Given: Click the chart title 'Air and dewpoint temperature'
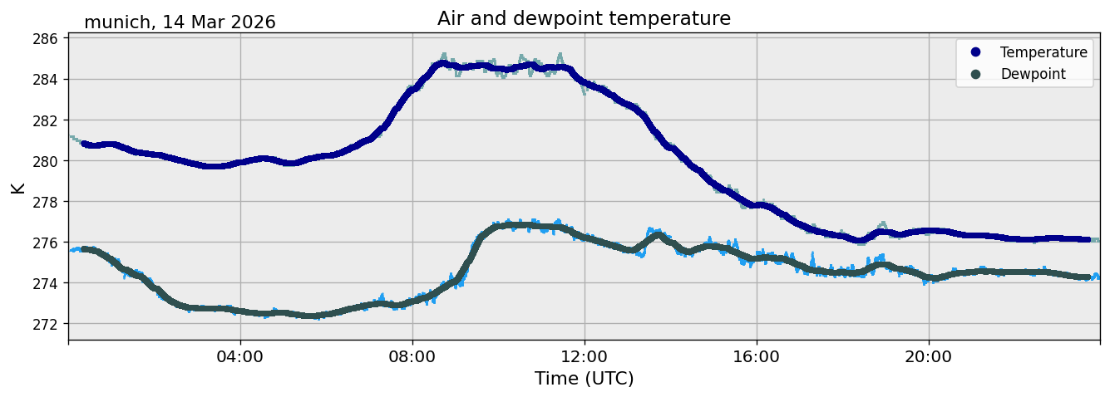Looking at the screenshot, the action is (x=584, y=18).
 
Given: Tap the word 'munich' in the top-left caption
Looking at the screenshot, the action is (x=117, y=22).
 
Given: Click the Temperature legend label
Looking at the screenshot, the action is (x=1043, y=52).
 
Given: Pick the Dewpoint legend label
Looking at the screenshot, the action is (x=1034, y=74).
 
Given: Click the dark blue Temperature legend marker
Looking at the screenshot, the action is (x=975, y=52).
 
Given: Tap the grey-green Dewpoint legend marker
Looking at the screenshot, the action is (x=975, y=74).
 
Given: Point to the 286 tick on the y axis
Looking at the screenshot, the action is (x=45, y=38).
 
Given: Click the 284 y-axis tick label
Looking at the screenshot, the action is (x=45, y=79).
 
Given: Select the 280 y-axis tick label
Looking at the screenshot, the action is (x=45, y=161).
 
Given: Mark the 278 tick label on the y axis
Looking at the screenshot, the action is (x=45, y=202).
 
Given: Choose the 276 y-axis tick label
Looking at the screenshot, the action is (x=45, y=243).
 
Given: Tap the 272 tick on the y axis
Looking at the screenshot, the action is (x=45, y=324).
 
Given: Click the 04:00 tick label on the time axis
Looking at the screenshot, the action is (x=240, y=356).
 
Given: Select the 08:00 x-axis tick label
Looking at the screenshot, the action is (x=412, y=356).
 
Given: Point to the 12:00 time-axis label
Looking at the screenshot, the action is (x=585, y=356).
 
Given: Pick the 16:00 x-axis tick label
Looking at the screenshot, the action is (x=756, y=356).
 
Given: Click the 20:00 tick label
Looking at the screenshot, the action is (x=928, y=356).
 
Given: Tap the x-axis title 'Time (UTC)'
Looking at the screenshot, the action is (x=584, y=379).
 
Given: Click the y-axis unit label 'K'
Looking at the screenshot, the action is (x=17, y=188).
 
